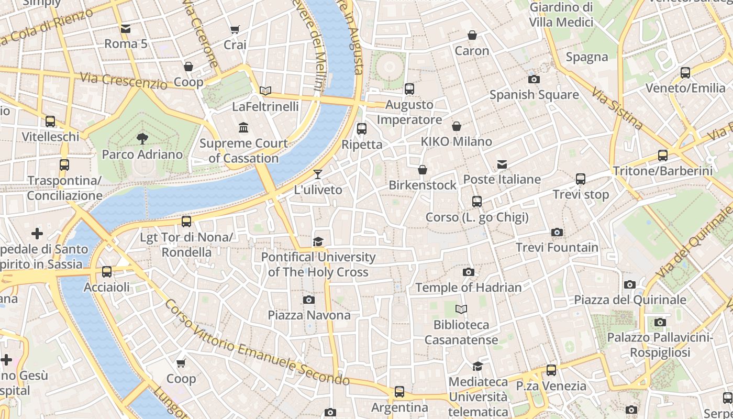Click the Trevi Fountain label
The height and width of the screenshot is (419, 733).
tap(557, 247)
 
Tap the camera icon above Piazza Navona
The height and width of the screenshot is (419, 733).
tap(309, 300)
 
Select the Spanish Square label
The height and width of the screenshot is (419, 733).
tap(534, 95)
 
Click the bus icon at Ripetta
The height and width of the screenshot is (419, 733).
tap(362, 129)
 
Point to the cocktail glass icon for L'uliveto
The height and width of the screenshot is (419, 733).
tap(318, 174)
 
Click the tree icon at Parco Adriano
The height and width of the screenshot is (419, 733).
tap(142, 139)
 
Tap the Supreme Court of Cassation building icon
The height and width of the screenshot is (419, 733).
tap(243, 128)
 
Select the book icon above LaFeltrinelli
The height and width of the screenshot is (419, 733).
tap(265, 91)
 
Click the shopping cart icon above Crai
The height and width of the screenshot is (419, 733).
tap(235, 30)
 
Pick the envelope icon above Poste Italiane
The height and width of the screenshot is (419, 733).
tap(502, 164)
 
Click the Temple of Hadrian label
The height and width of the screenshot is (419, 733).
tap(469, 288)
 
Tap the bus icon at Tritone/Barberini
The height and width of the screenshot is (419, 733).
tap(663, 156)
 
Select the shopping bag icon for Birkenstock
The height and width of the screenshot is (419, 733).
tap(423, 170)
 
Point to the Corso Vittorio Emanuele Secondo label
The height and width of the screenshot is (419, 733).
tap(257, 344)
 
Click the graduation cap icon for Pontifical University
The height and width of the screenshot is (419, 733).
tap(318, 241)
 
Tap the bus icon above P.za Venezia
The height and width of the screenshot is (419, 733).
tap(551, 370)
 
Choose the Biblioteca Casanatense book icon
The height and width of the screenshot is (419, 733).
tap(461, 310)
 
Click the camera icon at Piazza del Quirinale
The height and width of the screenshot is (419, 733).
tap(630, 284)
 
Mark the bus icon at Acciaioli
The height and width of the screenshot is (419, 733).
tap(107, 272)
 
